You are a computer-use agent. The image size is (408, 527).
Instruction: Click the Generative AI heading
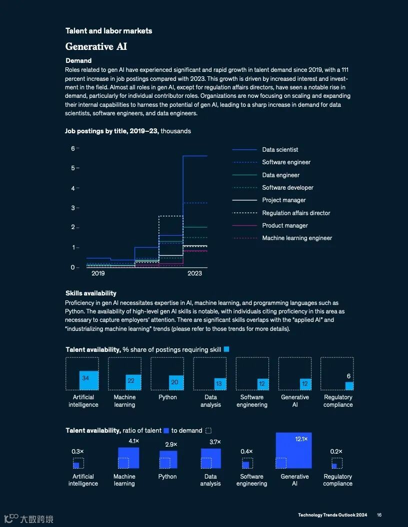96,46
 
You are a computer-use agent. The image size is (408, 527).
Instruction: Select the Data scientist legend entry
280,150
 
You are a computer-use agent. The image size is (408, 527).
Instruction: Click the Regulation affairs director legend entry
296,213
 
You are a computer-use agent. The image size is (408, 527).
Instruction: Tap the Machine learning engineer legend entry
297,238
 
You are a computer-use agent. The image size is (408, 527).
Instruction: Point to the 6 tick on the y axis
72,148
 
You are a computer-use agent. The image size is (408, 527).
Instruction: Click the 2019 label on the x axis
98,273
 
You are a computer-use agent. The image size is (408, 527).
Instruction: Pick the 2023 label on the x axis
194,273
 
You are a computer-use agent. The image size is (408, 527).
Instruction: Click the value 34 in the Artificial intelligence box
85,378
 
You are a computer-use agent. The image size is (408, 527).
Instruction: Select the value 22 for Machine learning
131,381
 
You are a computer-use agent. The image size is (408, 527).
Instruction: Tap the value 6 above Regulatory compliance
348,376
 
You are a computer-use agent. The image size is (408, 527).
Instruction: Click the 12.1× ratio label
301,439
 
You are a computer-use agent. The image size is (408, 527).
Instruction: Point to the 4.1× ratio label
133,441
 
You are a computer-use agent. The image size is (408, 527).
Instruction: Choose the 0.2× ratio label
336,452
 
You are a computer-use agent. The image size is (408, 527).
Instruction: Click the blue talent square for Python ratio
168,459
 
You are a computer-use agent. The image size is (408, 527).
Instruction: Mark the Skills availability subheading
91,293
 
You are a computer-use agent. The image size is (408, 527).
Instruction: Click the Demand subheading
78,61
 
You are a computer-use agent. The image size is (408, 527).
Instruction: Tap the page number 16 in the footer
379,515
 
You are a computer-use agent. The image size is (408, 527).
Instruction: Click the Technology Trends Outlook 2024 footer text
332,515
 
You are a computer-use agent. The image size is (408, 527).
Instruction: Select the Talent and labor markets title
108,31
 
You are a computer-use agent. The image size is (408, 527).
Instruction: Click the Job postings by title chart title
127,131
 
